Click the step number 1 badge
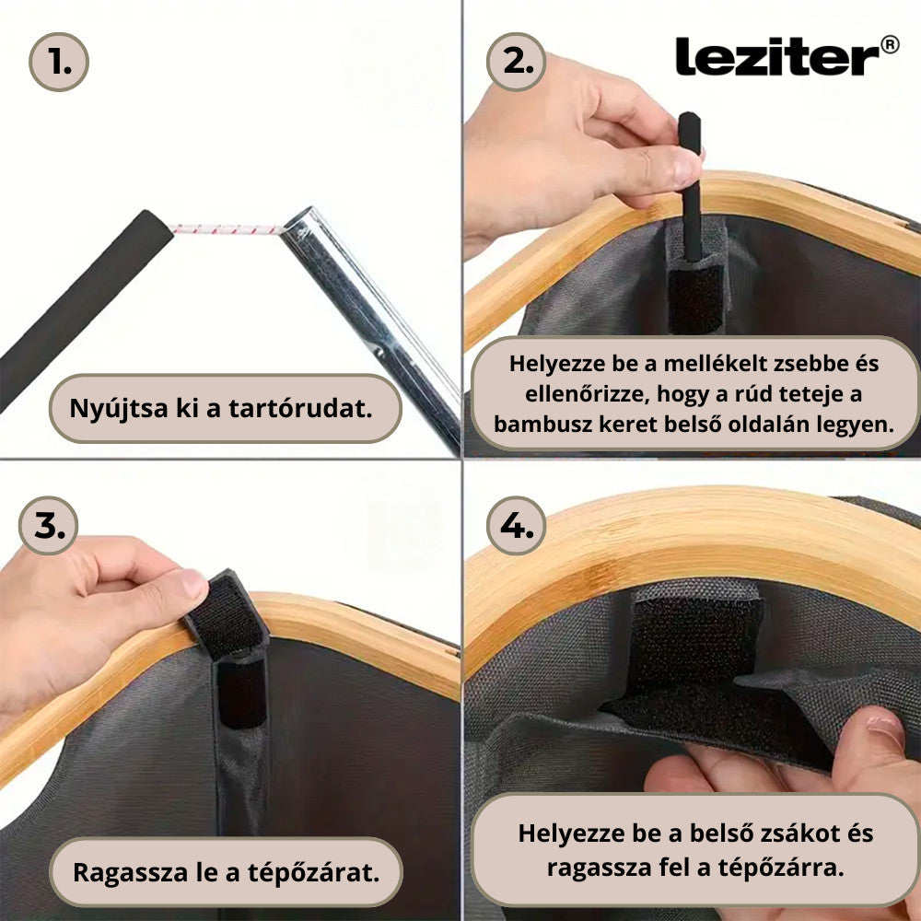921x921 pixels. click(59, 62)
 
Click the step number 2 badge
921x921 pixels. click(517, 62)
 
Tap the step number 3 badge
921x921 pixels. click(48, 525)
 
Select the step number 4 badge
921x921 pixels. click(517, 525)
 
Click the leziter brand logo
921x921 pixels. click(776, 56)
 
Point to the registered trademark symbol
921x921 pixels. click(890, 44)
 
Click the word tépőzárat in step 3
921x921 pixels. click(314, 873)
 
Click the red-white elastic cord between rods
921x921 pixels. click(227, 229)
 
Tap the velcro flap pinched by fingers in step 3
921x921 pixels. click(225, 613)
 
